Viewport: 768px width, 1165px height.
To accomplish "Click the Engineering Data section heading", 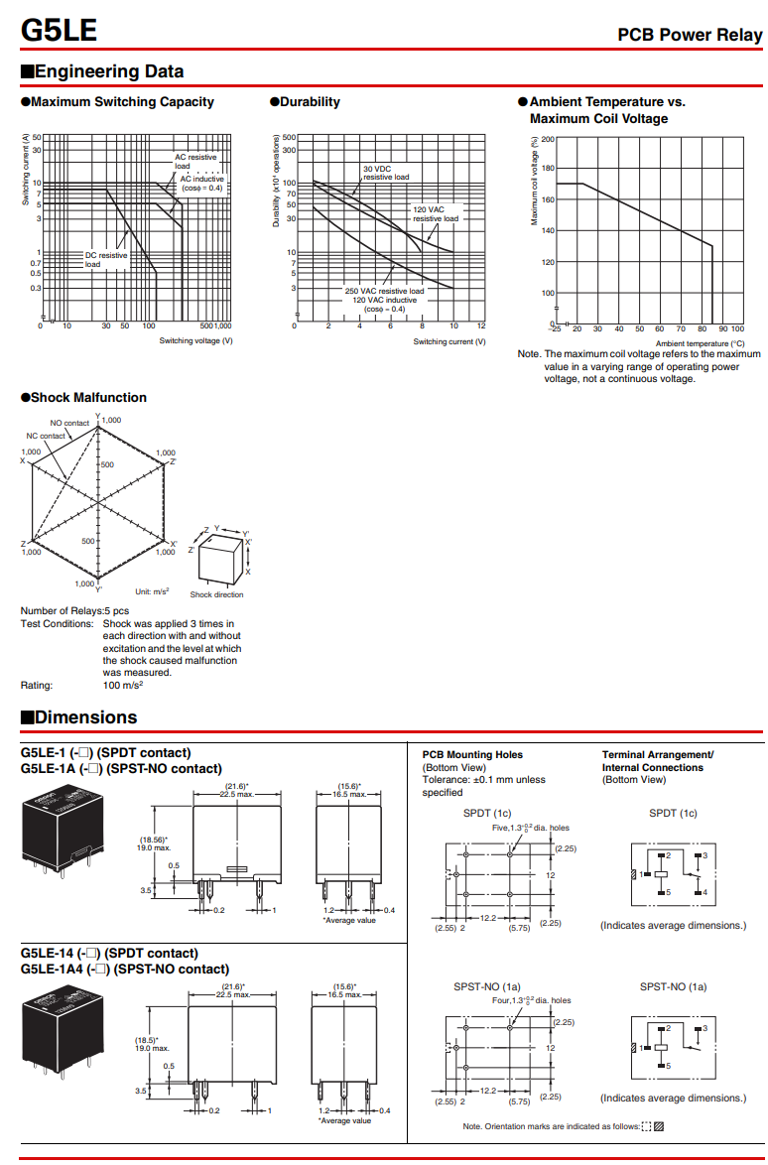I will point(102,71).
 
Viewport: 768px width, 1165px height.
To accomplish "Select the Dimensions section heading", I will point(79,717).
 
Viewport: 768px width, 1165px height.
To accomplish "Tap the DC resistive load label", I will point(105,260).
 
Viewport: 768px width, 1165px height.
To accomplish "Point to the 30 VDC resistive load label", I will point(385,173).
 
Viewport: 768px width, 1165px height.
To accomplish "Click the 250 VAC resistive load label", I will point(384,291).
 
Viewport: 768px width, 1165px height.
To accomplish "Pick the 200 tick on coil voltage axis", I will point(548,140).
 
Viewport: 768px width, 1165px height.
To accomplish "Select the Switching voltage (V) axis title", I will point(196,341).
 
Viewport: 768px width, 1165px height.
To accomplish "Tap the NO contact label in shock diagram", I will point(69,424).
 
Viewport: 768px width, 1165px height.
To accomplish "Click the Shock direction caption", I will point(216,594).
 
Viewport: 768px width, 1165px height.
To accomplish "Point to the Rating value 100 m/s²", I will point(123,685).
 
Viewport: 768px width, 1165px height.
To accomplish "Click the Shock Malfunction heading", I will point(83,397).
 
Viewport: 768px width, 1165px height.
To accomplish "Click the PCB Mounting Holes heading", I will point(472,755).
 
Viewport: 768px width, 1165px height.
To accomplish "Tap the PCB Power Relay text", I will point(690,35).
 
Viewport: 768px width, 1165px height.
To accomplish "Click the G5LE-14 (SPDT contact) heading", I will point(109,954).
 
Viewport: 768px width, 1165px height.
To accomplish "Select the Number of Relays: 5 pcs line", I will point(74,611).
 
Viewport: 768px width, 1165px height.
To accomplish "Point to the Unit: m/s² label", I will point(152,591).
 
